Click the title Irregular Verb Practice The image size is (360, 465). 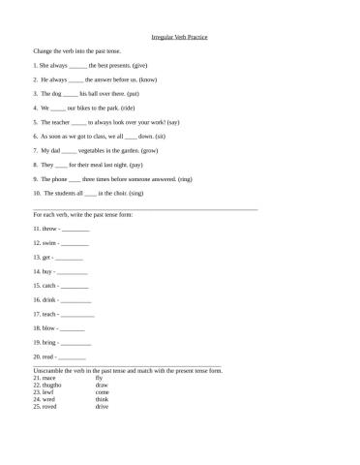[180, 36]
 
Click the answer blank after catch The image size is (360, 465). [75, 287]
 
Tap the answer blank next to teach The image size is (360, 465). [78, 315]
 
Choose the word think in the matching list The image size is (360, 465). [102, 399]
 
